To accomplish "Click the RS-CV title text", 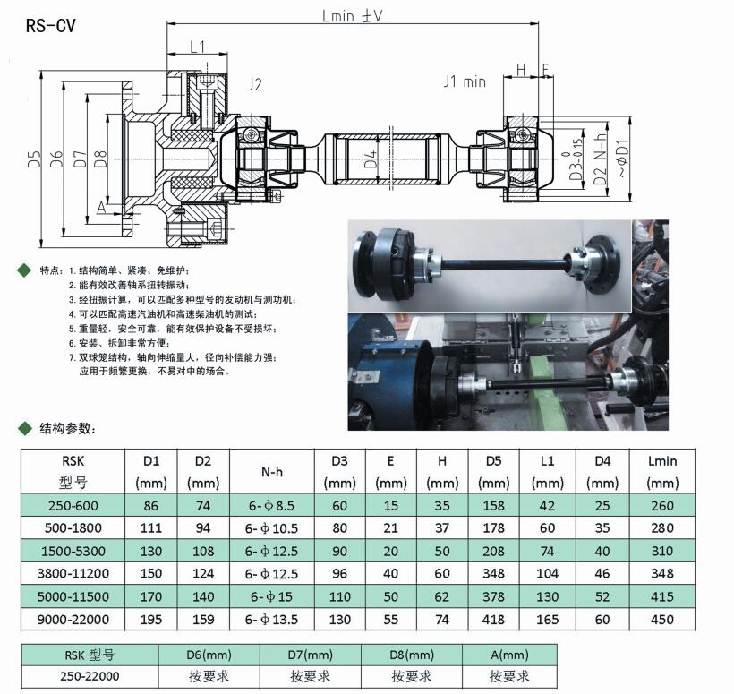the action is [50, 25].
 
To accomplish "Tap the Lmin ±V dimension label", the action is [353, 16].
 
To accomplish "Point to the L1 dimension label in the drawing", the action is [198, 47].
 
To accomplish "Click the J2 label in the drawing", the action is [254, 84].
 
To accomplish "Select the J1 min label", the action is [465, 81].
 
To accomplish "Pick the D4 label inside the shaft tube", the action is [371, 159].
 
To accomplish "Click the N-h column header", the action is [272, 472].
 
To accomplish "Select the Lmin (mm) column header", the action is [662, 472].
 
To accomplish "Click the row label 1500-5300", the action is [73, 551].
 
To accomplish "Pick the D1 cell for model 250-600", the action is [150, 506].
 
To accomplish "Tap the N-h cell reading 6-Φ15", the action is [271, 596].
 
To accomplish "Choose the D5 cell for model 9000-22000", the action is [493, 619].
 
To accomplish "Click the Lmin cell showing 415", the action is [662, 596].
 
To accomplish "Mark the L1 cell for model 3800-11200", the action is [547, 573].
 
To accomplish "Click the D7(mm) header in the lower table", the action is [311, 655].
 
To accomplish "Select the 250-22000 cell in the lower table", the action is [90, 676].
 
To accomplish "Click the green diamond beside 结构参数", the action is [24, 427].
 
